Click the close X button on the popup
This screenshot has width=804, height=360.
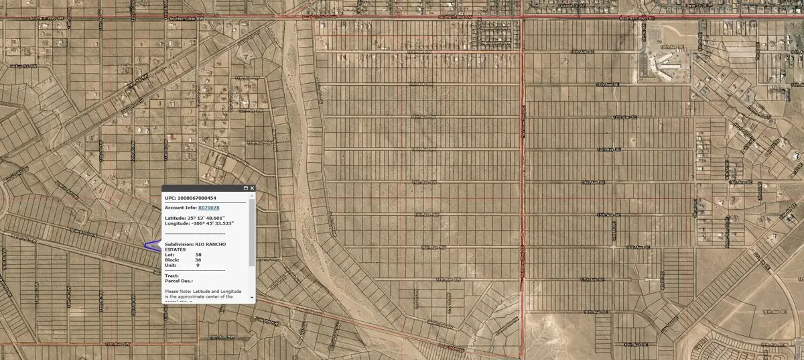tap(252, 189)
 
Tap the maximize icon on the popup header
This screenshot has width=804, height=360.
tap(245, 189)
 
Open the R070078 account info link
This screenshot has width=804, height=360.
tap(208, 208)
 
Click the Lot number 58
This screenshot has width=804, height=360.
tap(198, 255)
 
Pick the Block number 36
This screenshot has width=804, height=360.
tap(198, 260)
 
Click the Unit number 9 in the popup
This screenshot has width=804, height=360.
tap(197, 265)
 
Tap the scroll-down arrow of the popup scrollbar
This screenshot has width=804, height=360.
tap(252, 297)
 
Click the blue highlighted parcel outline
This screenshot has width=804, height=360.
tap(152, 245)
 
